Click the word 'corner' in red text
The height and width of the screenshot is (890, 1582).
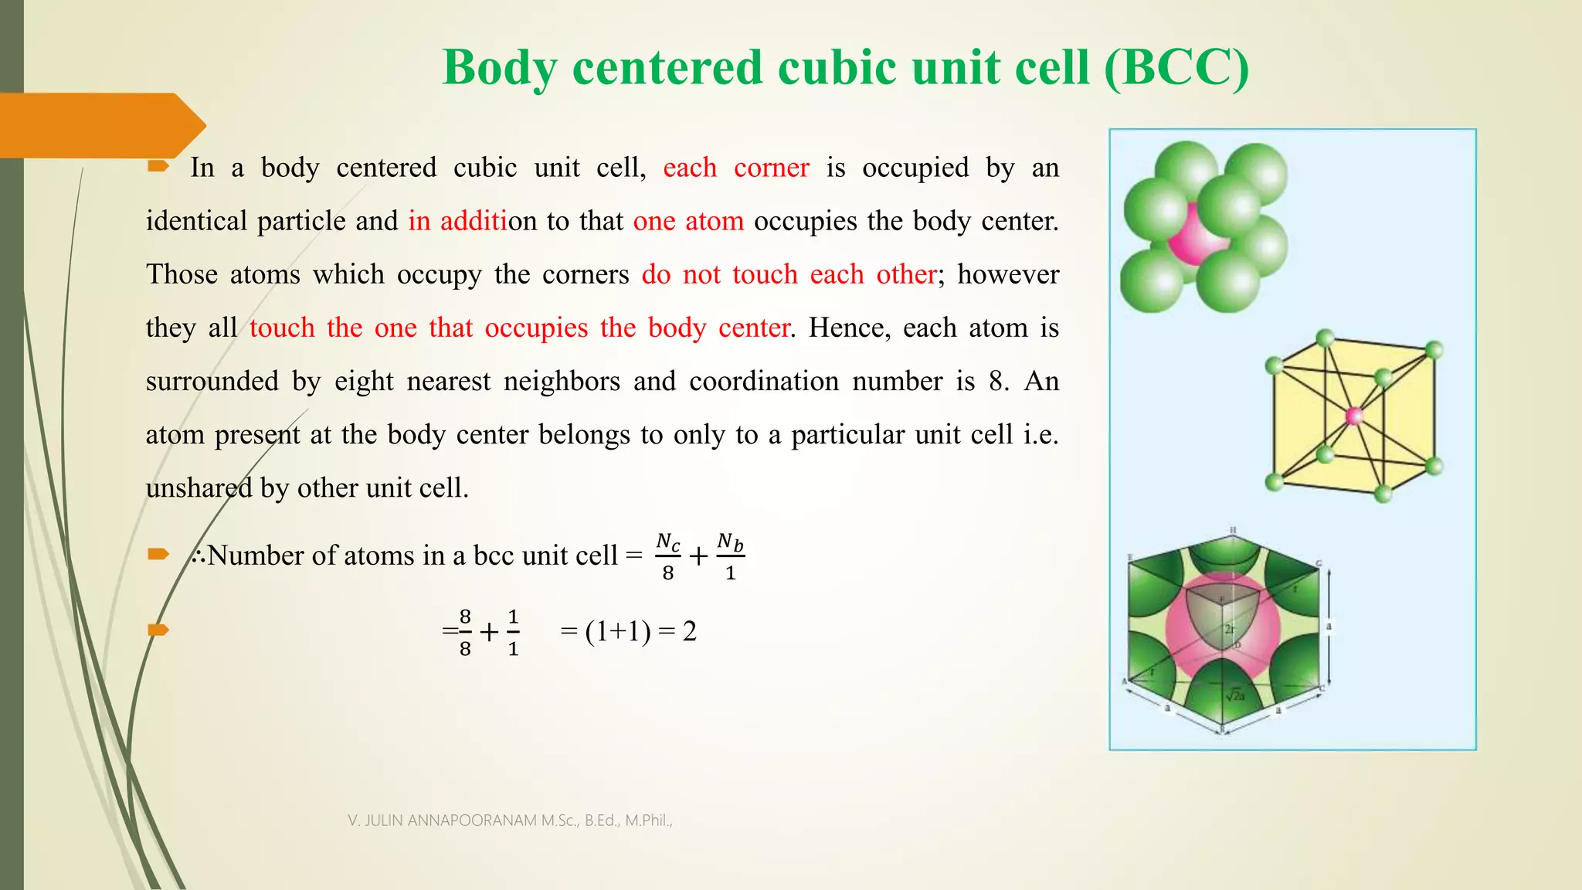771,168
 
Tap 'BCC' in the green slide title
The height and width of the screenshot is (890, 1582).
1176,67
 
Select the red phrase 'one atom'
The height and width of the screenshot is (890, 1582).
688,221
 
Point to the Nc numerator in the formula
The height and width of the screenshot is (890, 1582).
668,542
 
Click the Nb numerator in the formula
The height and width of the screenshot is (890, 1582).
730,542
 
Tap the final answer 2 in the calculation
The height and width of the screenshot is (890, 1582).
690,631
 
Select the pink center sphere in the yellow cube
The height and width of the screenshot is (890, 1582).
1354,416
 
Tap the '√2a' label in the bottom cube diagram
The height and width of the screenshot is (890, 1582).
1235,695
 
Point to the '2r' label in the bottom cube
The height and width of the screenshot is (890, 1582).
1229,629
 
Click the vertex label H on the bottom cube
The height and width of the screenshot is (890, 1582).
1233,530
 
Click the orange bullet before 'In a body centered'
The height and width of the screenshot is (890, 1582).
158,166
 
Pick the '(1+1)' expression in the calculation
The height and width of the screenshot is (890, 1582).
617,631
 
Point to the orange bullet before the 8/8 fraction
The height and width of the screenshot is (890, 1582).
158,630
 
